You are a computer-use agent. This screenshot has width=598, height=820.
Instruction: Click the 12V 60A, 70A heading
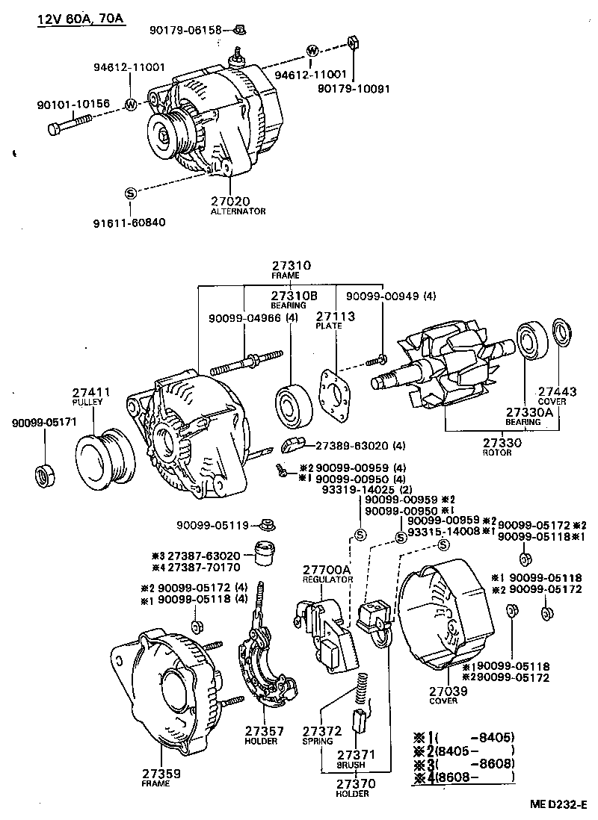coord(81,18)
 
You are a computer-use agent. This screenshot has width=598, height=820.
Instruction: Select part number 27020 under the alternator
coord(230,202)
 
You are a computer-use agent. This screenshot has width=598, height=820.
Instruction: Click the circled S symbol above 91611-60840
coord(130,193)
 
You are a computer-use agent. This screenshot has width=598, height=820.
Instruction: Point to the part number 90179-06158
coord(185,30)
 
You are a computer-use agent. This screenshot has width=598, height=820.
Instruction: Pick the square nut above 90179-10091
coord(351,43)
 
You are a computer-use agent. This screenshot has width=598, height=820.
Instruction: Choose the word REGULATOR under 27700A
coord(327,580)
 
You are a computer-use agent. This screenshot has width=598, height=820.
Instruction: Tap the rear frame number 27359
coord(161,774)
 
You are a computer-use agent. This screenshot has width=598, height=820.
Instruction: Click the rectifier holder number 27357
coord(261,730)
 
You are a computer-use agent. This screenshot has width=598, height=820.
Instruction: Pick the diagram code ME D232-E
coord(560,805)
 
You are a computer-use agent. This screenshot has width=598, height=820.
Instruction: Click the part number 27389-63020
coord(349,446)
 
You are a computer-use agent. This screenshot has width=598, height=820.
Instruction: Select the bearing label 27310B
coord(289,295)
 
